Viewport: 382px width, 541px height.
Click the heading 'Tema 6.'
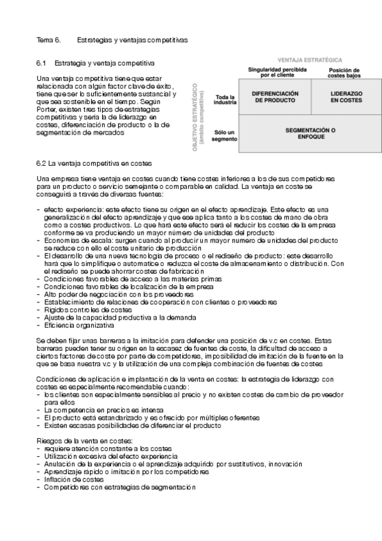pos(48,40)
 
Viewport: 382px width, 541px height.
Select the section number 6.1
pos(43,64)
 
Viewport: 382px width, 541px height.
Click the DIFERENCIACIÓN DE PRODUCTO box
pos(275,97)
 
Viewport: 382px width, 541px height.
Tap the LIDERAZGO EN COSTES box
pos(347,97)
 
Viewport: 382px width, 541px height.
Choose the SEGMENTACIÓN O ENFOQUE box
pos(311,133)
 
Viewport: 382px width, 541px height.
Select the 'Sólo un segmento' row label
pos(225,135)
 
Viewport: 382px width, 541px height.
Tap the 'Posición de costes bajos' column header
pos(344,73)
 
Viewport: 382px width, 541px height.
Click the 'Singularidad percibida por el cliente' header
pos(277,71)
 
